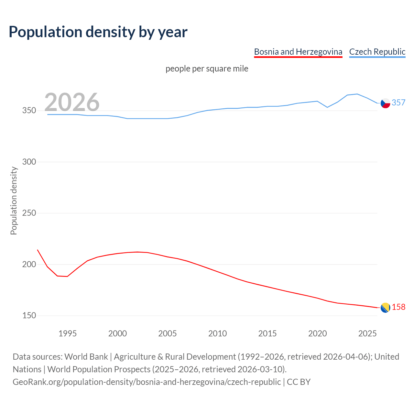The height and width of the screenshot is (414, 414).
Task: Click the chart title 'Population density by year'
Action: pos(98,32)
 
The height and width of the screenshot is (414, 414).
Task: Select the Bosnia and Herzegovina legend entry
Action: pos(298,52)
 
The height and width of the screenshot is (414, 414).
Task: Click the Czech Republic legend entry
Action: pos(377,52)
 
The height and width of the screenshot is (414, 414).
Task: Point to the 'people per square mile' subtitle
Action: pos(207,69)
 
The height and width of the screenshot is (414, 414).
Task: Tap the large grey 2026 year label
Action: pos(72,102)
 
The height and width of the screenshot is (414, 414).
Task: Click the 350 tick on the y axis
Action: pos(29,111)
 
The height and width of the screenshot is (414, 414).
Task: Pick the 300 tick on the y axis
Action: pos(29,162)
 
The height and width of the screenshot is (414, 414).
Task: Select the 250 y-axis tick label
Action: pos(29,213)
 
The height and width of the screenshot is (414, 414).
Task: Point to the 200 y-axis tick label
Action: pos(29,264)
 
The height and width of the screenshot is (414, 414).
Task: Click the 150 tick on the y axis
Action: pos(29,316)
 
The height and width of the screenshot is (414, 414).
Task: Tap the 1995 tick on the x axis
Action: pos(67,333)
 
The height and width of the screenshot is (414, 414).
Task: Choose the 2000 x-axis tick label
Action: pos(117,333)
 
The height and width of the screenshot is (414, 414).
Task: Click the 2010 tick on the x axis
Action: pos(217,333)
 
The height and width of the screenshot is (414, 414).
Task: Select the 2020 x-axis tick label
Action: pos(317,333)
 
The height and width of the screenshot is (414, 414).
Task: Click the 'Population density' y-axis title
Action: pos(14,201)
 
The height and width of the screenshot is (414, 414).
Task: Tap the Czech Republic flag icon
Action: pos(385,103)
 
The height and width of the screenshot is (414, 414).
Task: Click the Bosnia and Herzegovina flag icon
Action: pos(385,308)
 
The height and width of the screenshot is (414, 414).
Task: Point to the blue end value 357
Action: pos(398,103)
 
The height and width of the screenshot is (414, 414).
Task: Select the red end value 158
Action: pos(398,307)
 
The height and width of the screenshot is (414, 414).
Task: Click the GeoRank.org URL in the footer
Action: pos(147,382)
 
